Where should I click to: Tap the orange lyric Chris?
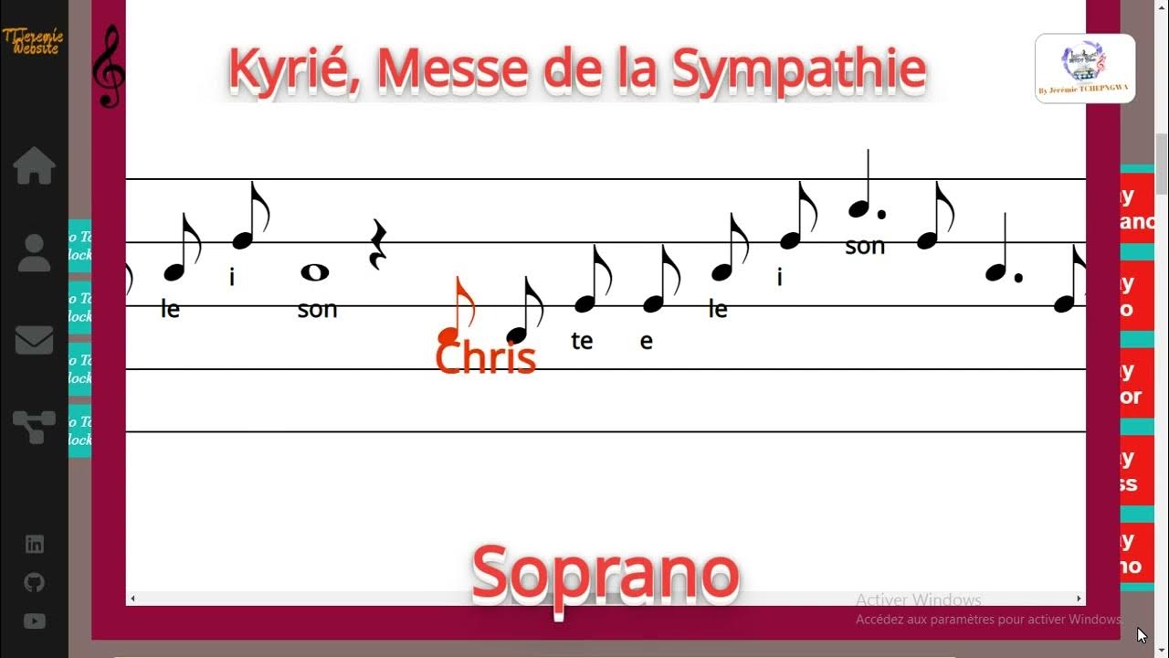(x=485, y=357)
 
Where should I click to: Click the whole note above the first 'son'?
(x=314, y=271)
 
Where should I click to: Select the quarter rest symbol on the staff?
(x=377, y=245)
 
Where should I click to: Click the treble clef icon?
(x=110, y=66)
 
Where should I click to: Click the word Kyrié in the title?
(x=292, y=69)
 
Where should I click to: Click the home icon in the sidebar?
(x=34, y=166)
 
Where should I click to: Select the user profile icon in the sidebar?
(x=34, y=253)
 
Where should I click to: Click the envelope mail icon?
(x=34, y=340)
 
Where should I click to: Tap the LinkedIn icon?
(x=34, y=545)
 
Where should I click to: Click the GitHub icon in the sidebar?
(x=34, y=583)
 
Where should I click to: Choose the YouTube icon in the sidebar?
(x=34, y=621)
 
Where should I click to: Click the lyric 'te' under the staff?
(x=582, y=341)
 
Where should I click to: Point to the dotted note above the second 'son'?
(x=860, y=209)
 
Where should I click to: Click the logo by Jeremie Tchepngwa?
(x=1084, y=68)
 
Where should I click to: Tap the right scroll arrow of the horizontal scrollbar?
(x=1079, y=599)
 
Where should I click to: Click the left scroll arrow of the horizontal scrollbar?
(x=132, y=599)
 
